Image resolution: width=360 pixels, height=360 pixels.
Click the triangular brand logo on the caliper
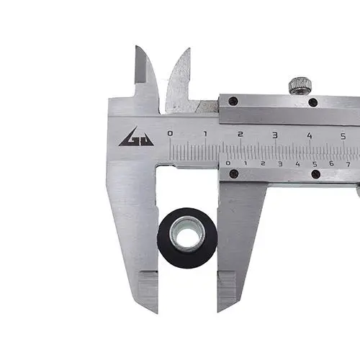pos(136,138)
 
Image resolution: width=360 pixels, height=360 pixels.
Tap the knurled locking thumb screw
pos(300,86)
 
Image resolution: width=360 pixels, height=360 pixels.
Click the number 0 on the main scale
pos(170,133)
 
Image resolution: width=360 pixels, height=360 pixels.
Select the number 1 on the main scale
pos(205,134)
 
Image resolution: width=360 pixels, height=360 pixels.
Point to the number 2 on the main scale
pos(240,134)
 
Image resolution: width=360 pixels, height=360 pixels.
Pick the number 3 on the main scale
pos(275,135)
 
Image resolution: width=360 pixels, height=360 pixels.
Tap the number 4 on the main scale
pos(310,136)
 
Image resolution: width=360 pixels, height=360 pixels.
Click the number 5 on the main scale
pos(343,137)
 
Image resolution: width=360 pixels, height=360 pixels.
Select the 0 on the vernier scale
pos(228,163)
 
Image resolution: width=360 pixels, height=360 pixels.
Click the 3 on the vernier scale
pos(280,164)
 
